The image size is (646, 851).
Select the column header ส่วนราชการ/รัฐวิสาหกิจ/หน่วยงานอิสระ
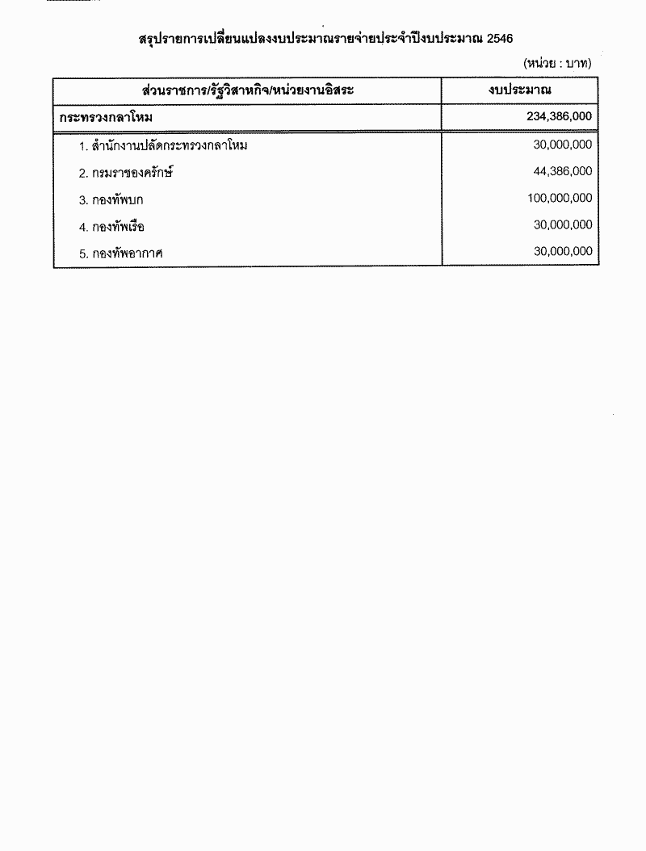(x=247, y=90)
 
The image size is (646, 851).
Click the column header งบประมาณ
(x=519, y=90)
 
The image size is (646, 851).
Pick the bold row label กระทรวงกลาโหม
(x=106, y=117)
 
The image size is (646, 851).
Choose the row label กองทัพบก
(x=118, y=199)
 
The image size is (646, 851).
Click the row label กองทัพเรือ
(x=119, y=227)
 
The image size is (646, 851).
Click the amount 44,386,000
(x=563, y=171)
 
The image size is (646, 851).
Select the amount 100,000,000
(x=560, y=198)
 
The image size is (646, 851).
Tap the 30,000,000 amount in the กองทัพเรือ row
(x=563, y=225)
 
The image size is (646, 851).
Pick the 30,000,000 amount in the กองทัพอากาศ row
(x=563, y=252)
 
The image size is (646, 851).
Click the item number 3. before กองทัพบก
(x=83, y=200)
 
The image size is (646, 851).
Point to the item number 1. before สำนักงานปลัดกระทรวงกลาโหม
(x=83, y=147)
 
